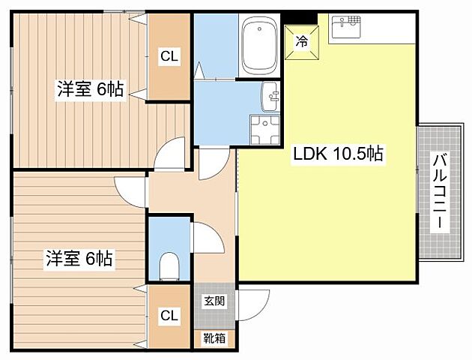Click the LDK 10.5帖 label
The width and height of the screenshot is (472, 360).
[x=338, y=154]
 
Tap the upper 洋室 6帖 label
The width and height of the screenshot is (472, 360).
[x=89, y=89]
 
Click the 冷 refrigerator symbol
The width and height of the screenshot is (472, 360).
[x=303, y=42]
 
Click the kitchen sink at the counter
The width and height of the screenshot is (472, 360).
[x=345, y=28]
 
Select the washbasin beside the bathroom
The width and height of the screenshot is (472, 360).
[x=270, y=96]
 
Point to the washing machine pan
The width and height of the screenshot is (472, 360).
[x=264, y=128]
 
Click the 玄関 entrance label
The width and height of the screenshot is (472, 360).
[x=213, y=301]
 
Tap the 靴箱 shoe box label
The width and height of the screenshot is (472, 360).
[x=213, y=338]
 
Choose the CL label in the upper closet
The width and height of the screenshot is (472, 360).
[x=169, y=55]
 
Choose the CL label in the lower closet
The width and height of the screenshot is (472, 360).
[x=169, y=316]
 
